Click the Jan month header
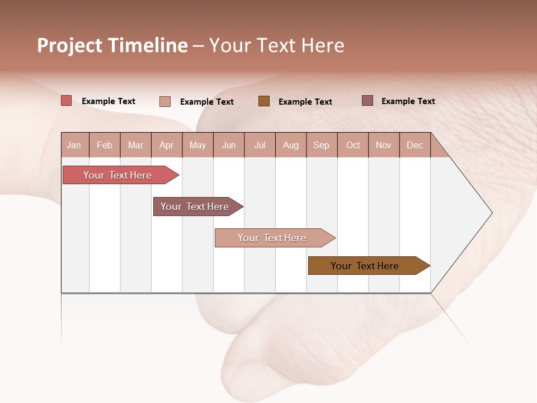(x=74, y=145)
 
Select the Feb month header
(x=105, y=145)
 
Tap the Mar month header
(x=135, y=145)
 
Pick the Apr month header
(x=167, y=145)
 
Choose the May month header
(x=197, y=145)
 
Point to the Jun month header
(x=229, y=145)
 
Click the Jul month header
(x=260, y=145)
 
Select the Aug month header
(x=291, y=145)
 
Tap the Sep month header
(x=322, y=145)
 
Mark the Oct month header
(x=353, y=145)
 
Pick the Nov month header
(x=384, y=145)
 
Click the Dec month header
(x=415, y=145)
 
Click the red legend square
(x=67, y=101)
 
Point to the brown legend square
(x=264, y=101)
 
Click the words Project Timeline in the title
(x=112, y=45)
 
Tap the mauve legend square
(x=368, y=101)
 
